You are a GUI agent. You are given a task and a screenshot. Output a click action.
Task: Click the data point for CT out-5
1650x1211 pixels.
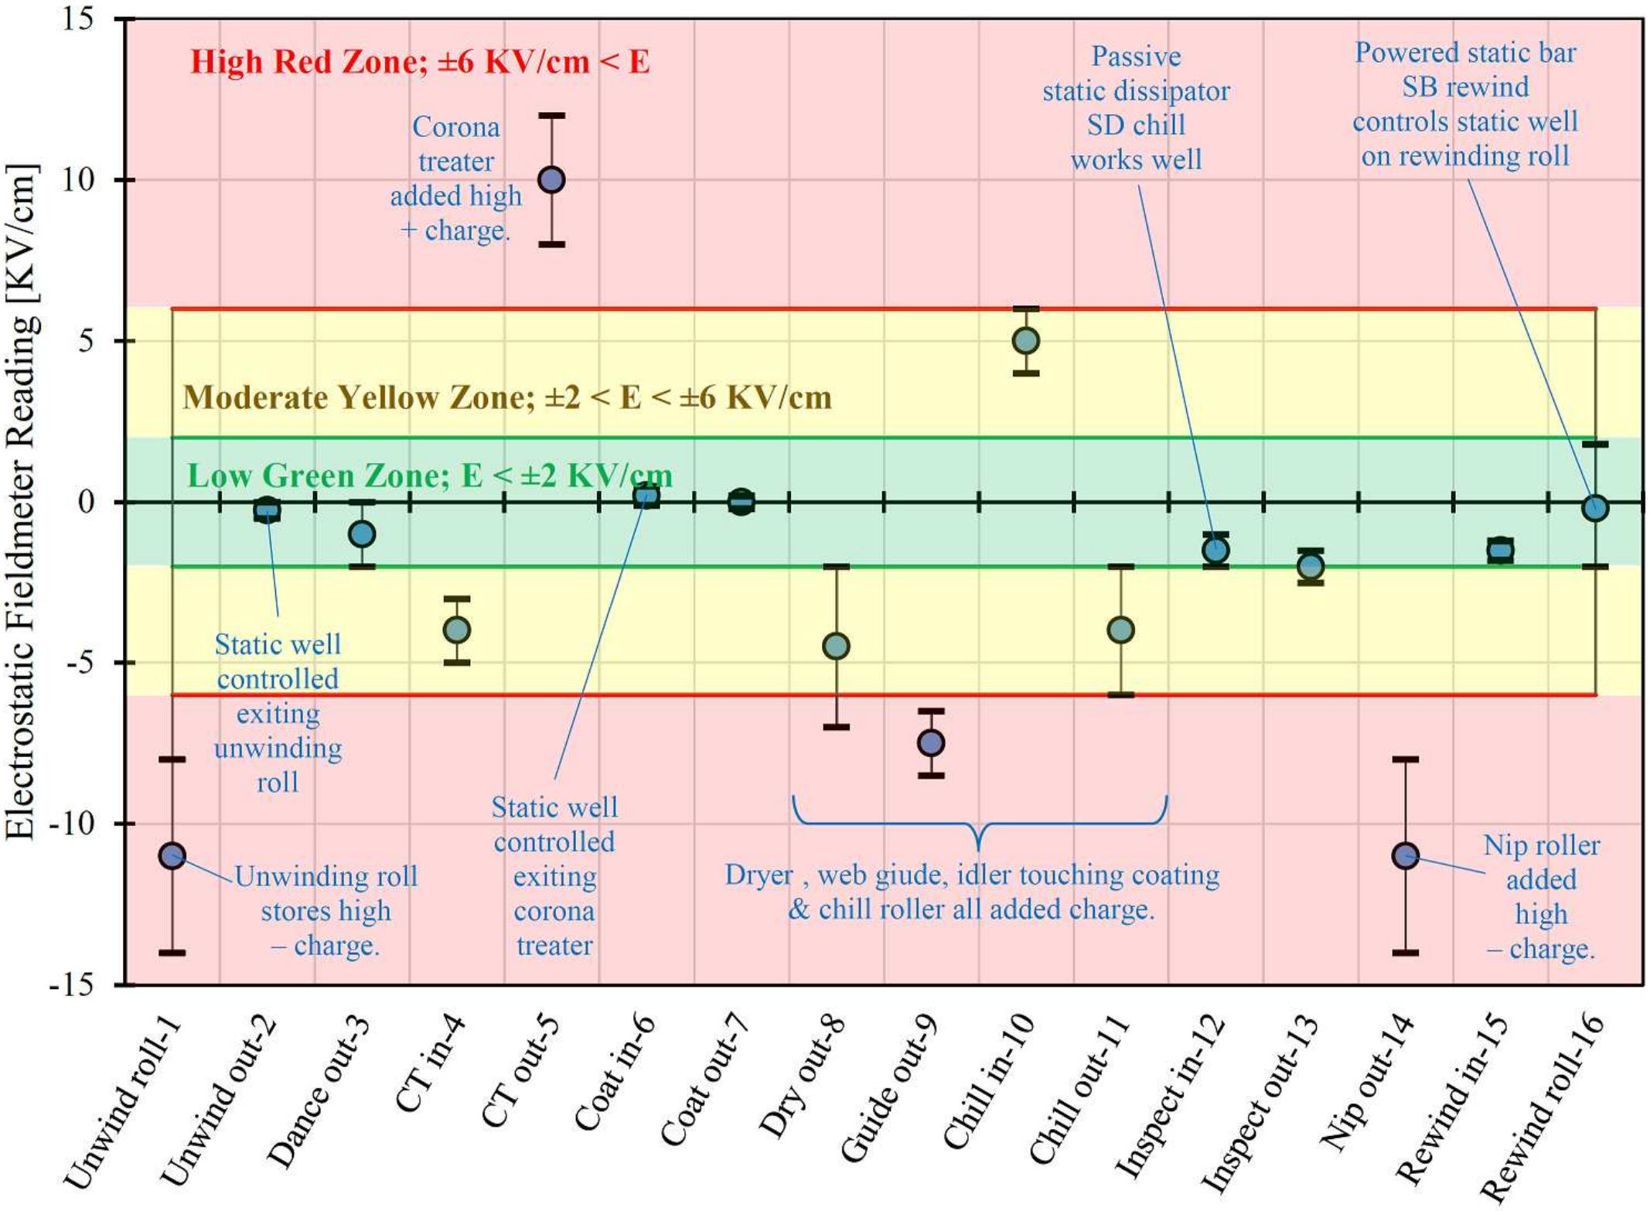click(x=551, y=179)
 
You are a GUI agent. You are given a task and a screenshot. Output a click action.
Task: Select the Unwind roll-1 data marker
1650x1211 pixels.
click(x=172, y=855)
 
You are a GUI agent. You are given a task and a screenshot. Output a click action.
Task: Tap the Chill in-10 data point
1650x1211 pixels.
click(x=1025, y=340)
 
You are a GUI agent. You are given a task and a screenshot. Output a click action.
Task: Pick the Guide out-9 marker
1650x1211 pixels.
click(x=931, y=742)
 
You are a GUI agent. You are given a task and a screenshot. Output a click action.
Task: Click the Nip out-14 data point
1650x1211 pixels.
click(x=1405, y=855)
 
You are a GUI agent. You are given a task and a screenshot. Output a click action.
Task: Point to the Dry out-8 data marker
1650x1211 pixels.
click(x=836, y=646)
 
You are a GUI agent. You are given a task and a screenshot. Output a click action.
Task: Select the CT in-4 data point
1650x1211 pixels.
click(x=456, y=629)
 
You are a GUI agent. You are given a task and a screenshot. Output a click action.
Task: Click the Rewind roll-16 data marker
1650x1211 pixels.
click(x=1595, y=508)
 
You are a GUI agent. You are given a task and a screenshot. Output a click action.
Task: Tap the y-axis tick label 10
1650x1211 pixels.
click(x=77, y=180)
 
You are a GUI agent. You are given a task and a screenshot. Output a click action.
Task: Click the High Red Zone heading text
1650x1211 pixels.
click(x=420, y=62)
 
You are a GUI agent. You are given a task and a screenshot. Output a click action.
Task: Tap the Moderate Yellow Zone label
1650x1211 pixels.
click(x=507, y=397)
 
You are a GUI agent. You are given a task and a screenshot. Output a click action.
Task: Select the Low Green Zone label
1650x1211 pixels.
click(x=430, y=476)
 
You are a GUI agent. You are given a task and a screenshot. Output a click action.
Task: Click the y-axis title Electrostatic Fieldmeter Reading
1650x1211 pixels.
click(x=21, y=503)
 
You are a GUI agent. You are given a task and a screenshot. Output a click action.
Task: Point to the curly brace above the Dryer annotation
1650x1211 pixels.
click(x=979, y=824)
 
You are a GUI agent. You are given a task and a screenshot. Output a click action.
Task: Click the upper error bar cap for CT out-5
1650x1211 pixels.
click(x=551, y=116)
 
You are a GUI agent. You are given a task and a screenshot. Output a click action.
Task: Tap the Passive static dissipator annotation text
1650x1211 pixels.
click(x=1136, y=108)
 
